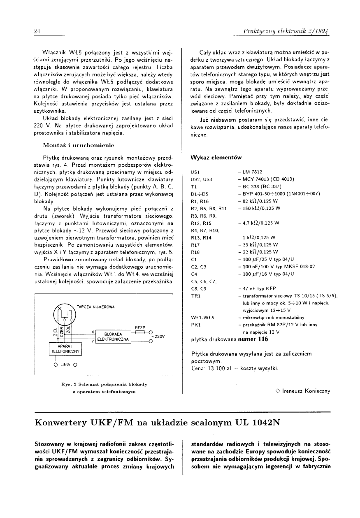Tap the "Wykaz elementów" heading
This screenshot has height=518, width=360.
point(216,158)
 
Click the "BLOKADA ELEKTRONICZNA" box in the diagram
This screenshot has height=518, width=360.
point(112,337)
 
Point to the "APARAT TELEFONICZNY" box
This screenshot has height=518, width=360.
point(66,349)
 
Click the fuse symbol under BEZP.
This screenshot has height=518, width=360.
point(140,332)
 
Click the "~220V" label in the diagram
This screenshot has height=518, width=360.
point(158,336)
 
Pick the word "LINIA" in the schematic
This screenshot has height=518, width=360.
point(65,365)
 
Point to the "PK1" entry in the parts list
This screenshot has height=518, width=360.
point(195,325)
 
